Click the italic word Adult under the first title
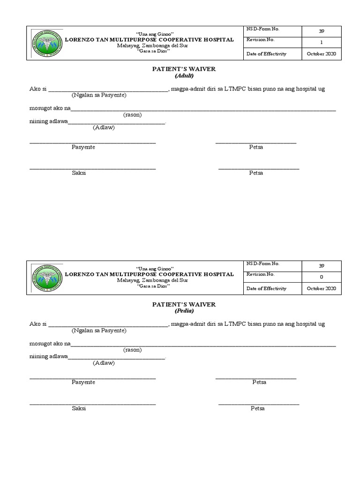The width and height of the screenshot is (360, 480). pyautogui.click(x=184, y=75)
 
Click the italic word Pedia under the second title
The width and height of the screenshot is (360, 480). pyautogui.click(x=184, y=311)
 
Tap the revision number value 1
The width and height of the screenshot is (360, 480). pyautogui.click(x=321, y=43)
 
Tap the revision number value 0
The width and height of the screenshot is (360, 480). pyautogui.click(x=321, y=277)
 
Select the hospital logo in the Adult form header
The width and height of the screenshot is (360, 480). pyautogui.click(x=46, y=43)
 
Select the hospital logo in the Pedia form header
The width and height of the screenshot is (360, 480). pyautogui.click(x=46, y=277)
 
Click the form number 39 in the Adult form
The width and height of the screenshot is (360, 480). pyautogui.click(x=321, y=31)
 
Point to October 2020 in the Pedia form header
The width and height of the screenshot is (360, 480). pyautogui.click(x=321, y=289)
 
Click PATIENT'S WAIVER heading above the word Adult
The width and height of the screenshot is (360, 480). pyautogui.click(x=184, y=69)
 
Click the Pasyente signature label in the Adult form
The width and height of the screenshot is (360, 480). pyautogui.click(x=83, y=147)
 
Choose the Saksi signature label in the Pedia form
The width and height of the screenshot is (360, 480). pyautogui.click(x=79, y=408)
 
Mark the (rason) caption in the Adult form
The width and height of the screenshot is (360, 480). pyautogui.click(x=133, y=115)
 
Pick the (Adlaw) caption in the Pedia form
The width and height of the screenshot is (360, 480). pyautogui.click(x=104, y=363)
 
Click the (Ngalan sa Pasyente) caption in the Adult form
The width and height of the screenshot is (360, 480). pyautogui.click(x=99, y=96)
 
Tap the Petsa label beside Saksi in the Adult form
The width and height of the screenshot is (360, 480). pyautogui.click(x=256, y=173)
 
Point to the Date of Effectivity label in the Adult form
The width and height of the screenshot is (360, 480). pyautogui.click(x=266, y=54)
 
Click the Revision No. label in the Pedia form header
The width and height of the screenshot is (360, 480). pyautogui.click(x=261, y=275)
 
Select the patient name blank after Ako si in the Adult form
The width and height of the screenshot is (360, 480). pyautogui.click(x=108, y=89)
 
